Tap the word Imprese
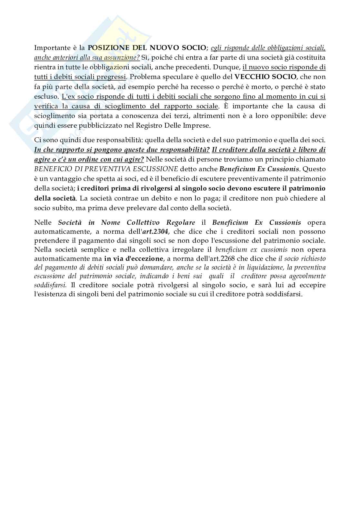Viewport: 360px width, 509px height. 196,125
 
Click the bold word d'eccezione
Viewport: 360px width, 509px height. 146,259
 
